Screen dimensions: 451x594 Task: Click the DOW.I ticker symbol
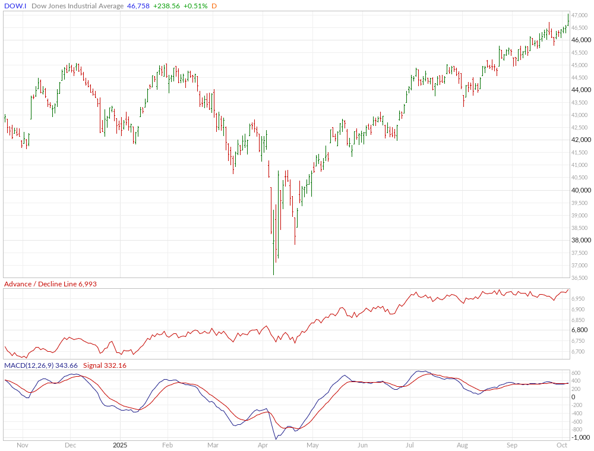(15, 6)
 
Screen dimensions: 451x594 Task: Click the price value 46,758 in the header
(138, 6)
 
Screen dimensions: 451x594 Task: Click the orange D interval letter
(214, 6)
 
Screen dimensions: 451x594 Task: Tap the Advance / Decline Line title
(40, 284)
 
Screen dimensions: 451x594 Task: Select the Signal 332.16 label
(105, 365)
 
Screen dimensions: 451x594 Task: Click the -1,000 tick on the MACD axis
(579, 437)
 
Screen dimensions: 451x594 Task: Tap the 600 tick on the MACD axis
(576, 381)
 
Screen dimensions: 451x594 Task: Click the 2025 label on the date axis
(120, 444)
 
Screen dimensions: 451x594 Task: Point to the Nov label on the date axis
(23, 444)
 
